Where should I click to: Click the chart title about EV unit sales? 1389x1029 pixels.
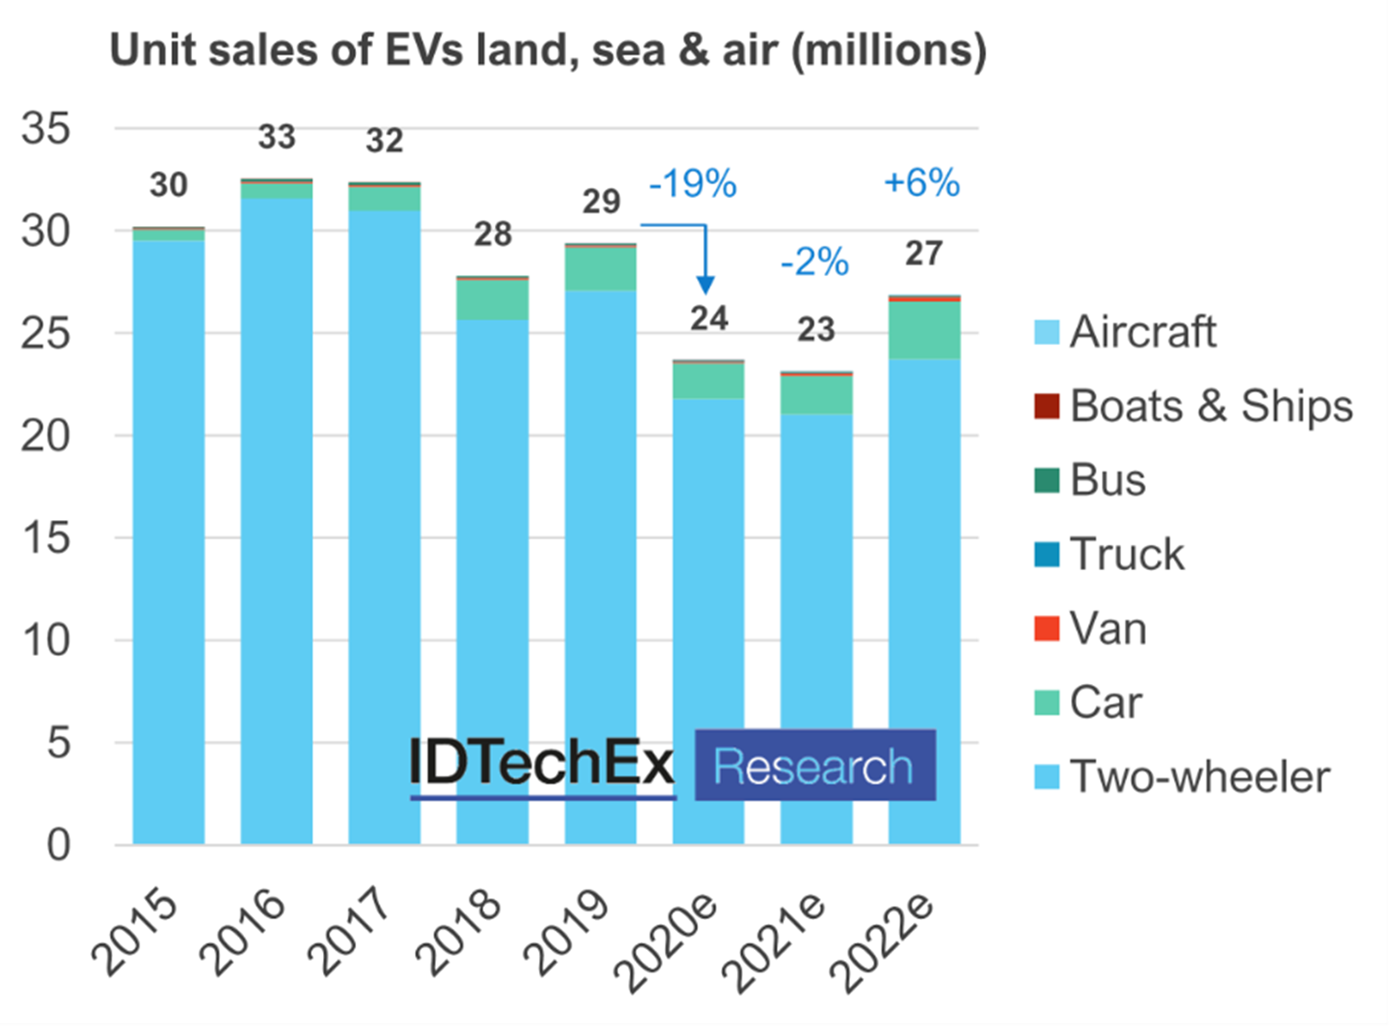[548, 50]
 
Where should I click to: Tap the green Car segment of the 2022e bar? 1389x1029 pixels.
[924, 331]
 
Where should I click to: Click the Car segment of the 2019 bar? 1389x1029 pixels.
[600, 269]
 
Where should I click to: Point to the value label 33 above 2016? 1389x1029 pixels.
[276, 137]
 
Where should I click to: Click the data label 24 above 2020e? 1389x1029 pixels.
[709, 319]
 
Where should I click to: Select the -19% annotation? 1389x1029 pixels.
[693, 184]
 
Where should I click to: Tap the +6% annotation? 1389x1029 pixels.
[921, 183]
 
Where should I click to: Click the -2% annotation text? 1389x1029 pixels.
[814, 262]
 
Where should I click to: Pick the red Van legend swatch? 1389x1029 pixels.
[1047, 629]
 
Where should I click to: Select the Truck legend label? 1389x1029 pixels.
[1126, 554]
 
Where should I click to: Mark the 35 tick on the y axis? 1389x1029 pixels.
[46, 129]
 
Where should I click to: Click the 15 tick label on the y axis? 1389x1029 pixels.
[46, 538]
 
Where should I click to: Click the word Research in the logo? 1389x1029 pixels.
[814, 766]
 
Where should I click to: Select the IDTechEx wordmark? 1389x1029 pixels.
[541, 762]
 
